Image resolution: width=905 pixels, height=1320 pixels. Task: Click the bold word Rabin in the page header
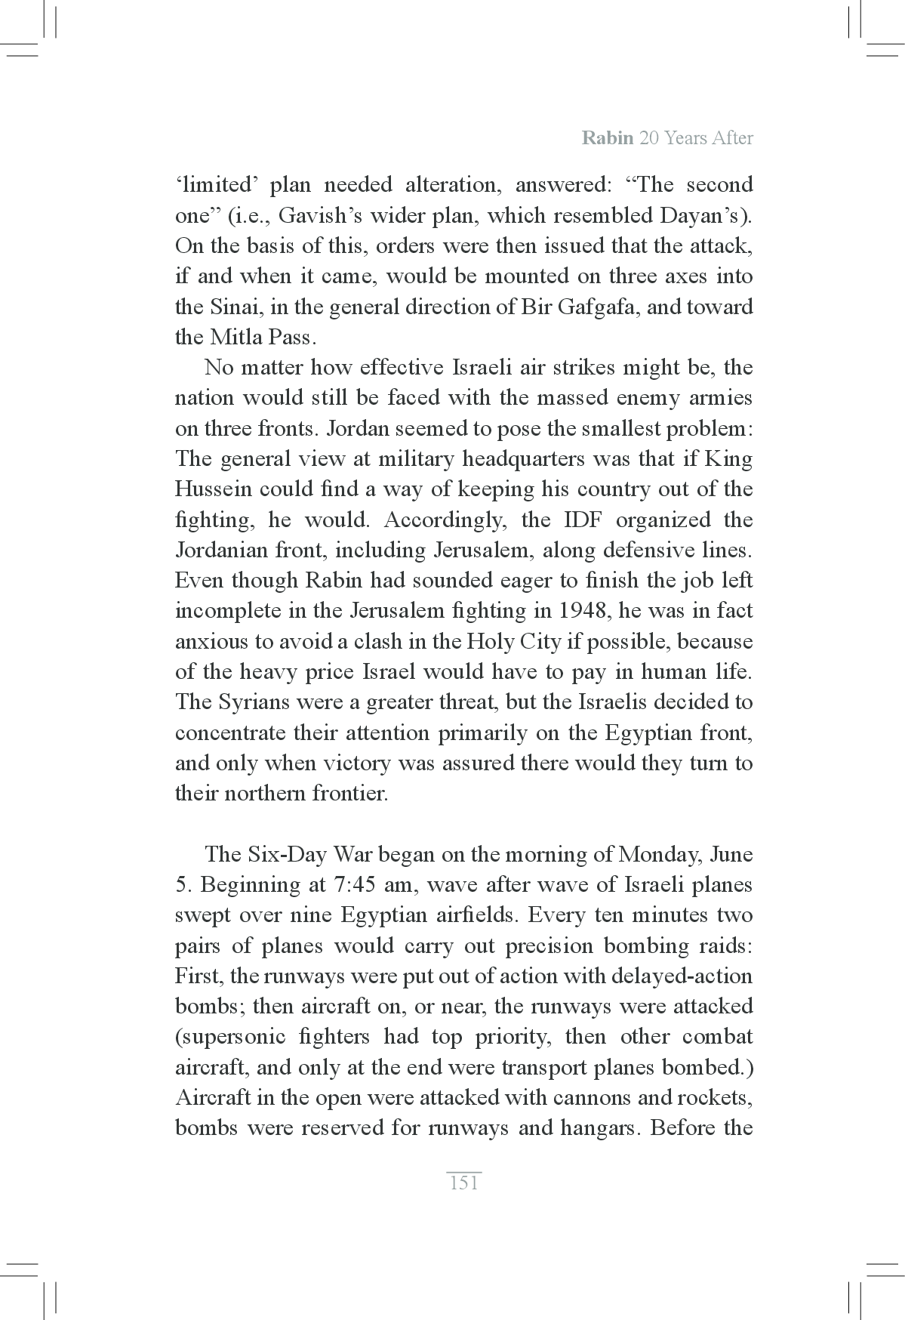[608, 138]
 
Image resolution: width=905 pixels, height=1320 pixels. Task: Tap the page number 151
[463, 1183]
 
